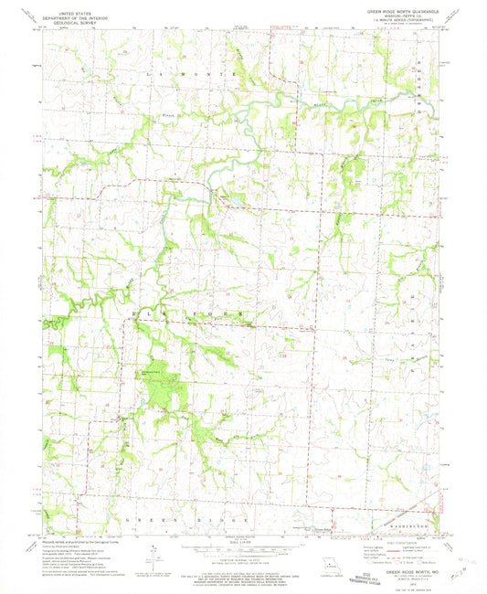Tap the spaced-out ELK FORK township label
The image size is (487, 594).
(191, 313)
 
